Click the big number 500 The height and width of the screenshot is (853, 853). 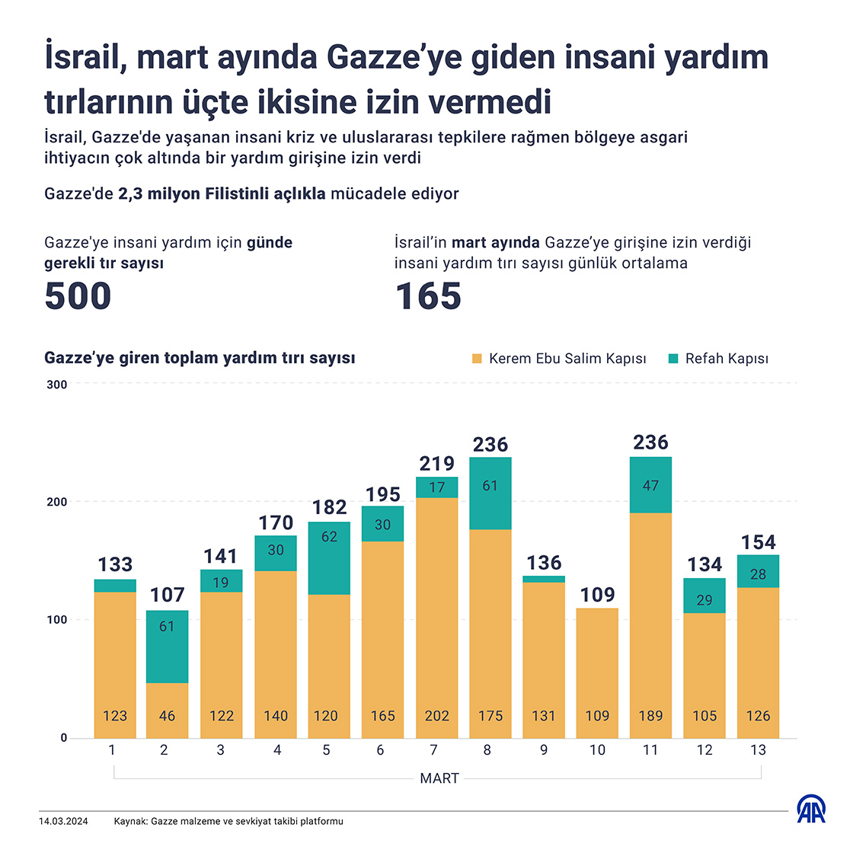(78, 296)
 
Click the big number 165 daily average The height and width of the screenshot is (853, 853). (428, 296)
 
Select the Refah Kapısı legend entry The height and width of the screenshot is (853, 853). (718, 359)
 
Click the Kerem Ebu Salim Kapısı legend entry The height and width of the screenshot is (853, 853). (559, 359)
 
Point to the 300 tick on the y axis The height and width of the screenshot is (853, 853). (57, 385)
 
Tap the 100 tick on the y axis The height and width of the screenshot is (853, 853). (57, 620)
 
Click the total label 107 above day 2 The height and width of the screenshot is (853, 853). (168, 595)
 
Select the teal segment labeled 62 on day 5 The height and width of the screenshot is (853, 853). (329, 557)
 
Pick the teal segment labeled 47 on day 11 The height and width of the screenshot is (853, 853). (650, 485)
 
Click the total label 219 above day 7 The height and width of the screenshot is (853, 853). (436, 463)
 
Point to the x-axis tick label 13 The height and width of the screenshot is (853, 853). (758, 750)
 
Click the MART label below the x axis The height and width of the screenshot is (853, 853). (439, 778)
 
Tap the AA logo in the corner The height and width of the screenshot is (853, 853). (812, 810)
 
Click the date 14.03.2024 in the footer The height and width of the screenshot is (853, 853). (63, 822)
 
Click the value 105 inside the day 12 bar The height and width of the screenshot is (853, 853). (704, 716)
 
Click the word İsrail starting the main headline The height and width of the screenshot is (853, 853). (79, 59)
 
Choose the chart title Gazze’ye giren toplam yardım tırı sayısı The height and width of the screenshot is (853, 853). (200, 358)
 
